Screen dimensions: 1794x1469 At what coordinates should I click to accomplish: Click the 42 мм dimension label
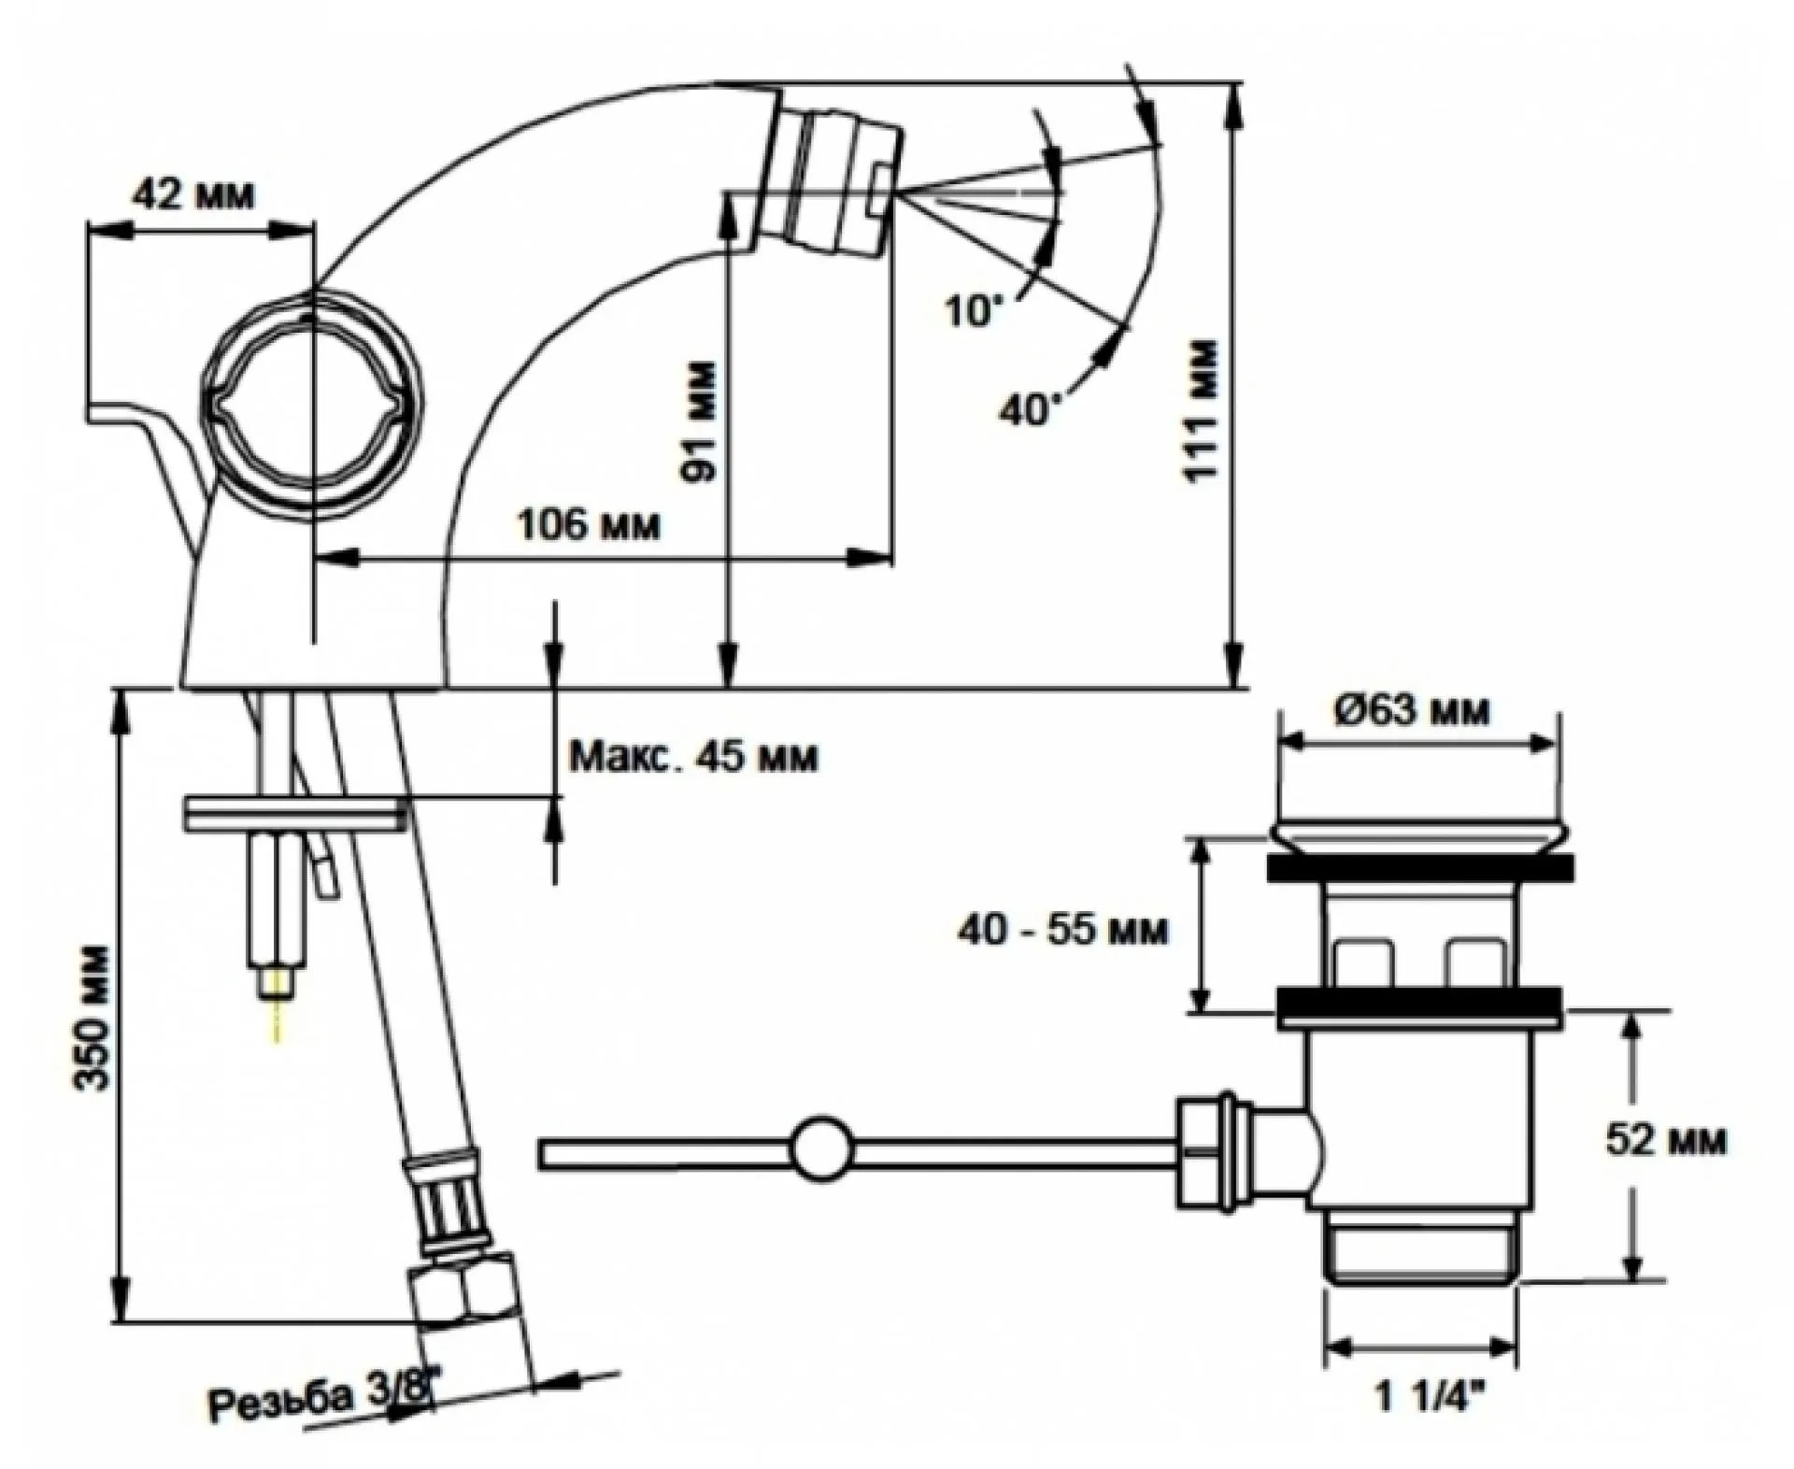[192, 196]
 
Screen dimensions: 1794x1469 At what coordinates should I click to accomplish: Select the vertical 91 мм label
[700, 421]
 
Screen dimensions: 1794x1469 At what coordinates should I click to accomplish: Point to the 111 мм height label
[1203, 411]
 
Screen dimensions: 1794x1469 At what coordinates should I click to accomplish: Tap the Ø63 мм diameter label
[1413, 711]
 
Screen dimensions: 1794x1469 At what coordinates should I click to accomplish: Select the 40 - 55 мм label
[1062, 931]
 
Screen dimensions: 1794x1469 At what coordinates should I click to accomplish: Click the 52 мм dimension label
[1666, 1140]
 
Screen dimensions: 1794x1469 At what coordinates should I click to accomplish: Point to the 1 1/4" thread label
[1430, 1424]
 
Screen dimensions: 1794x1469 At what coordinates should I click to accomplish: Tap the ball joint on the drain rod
[822, 1147]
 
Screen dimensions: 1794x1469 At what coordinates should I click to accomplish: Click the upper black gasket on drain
[1420, 866]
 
